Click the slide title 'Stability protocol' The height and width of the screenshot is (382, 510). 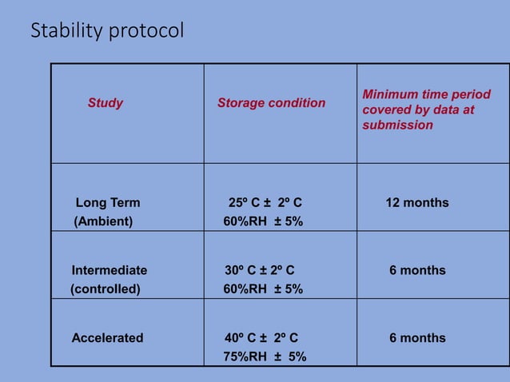[x=107, y=31]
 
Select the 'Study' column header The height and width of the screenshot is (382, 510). [x=106, y=103]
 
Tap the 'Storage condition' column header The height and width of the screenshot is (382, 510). [x=271, y=103]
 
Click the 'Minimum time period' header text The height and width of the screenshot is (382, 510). [x=427, y=95]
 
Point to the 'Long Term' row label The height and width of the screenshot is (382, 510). [x=107, y=203]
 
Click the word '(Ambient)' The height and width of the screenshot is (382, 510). [x=103, y=222]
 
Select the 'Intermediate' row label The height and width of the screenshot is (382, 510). [x=110, y=271]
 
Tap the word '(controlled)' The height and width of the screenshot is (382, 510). [x=106, y=289]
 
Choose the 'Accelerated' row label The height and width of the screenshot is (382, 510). [x=107, y=338]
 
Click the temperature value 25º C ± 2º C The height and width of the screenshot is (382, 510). [x=265, y=203]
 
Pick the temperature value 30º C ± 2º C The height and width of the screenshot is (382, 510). [x=264, y=271]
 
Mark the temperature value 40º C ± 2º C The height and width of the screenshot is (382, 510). [x=261, y=338]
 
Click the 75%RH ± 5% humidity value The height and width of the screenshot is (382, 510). [x=265, y=357]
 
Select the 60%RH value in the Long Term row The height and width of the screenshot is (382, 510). [x=263, y=222]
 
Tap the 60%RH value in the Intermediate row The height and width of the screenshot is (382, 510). [x=263, y=289]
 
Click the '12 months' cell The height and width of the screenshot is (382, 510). [x=417, y=203]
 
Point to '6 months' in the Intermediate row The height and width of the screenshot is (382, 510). [x=417, y=271]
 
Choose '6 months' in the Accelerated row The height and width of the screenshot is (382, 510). [x=417, y=338]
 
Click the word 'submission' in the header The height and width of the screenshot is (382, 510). [x=397, y=125]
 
